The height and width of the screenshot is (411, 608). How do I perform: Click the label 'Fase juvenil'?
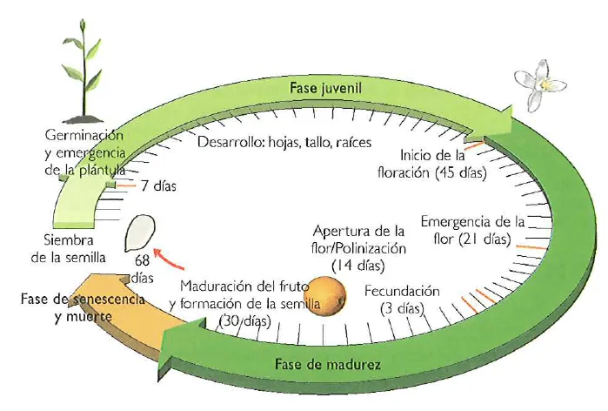324,89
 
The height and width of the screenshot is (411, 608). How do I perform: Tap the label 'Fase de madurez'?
326,363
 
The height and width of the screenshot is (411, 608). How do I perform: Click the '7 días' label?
158,185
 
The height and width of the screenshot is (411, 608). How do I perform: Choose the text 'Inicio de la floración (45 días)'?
443,163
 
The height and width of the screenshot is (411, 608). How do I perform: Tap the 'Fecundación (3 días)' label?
402,299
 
